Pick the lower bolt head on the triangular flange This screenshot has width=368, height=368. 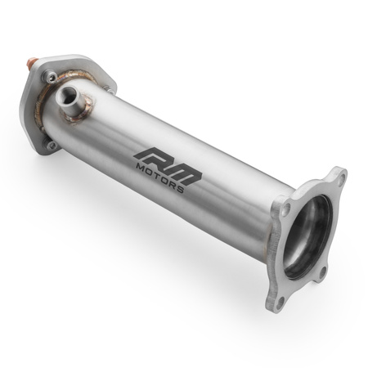point(52,146)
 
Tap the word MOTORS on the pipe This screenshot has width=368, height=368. point(163,174)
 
